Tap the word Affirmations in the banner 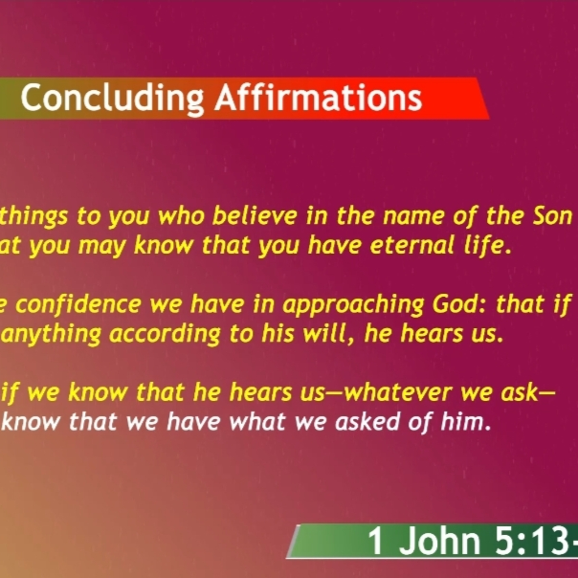coord(318,97)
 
